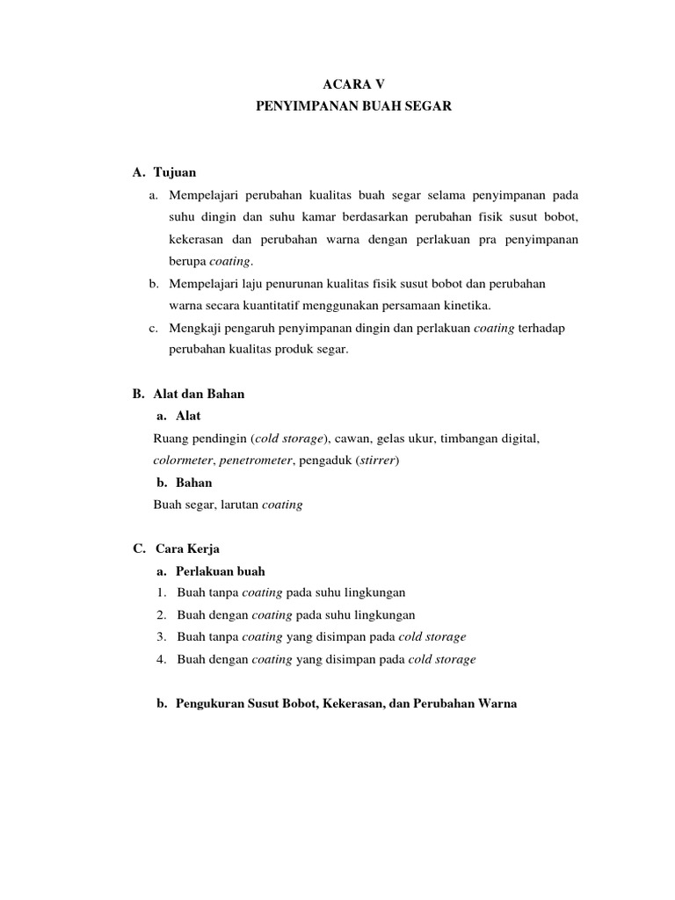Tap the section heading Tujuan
[x=181, y=173]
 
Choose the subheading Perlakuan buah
[x=220, y=570]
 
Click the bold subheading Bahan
[x=193, y=483]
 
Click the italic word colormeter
[x=182, y=460]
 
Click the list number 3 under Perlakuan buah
[x=163, y=636]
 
